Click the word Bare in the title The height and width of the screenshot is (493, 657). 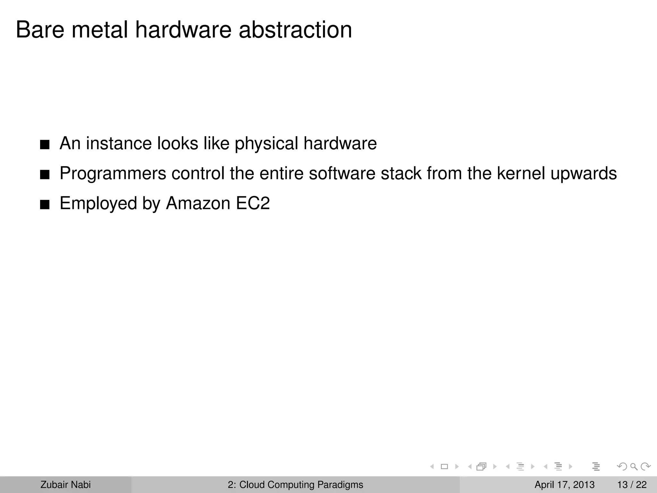tap(40, 30)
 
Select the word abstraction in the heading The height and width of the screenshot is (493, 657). tap(295, 30)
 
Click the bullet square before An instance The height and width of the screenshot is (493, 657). tap(45, 145)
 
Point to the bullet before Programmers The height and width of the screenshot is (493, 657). tap(45, 175)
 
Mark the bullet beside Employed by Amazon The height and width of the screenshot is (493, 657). tap(45, 205)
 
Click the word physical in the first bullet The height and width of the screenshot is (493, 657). tap(266, 143)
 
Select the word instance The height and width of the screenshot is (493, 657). tap(119, 143)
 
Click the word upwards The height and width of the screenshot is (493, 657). tap(584, 174)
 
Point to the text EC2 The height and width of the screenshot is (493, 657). tap(253, 203)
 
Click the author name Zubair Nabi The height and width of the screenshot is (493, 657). tap(65, 485)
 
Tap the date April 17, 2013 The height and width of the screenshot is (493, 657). tap(564, 485)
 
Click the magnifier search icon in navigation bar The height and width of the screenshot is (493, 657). tap(634, 467)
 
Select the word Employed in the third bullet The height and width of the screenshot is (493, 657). tap(98, 203)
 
